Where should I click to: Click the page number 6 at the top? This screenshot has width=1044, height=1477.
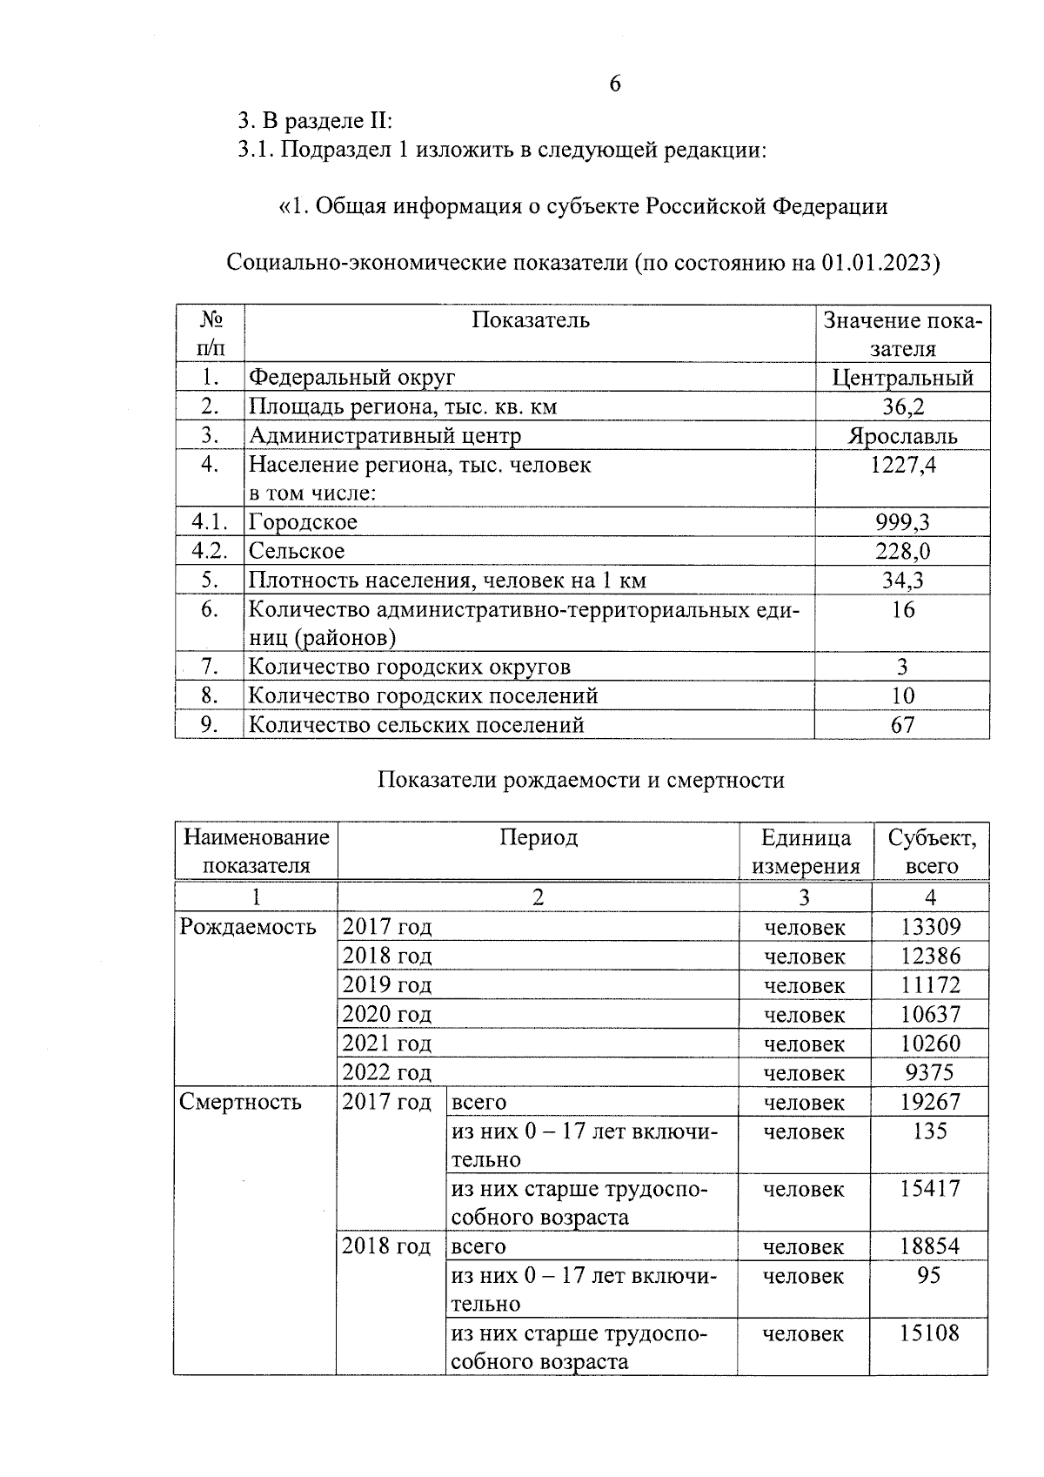tap(615, 84)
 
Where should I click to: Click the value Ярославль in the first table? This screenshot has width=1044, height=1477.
tap(902, 436)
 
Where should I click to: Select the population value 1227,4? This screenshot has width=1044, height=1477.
tap(902, 465)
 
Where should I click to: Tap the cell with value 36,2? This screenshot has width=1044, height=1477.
tap(902, 406)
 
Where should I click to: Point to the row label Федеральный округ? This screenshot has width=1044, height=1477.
tap(351, 378)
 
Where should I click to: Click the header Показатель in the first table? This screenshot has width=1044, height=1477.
tap(530, 320)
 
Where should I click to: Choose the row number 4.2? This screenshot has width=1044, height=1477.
tap(209, 551)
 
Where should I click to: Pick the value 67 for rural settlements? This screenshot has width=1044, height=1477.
tap(902, 724)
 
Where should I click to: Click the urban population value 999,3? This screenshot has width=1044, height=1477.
tap(902, 522)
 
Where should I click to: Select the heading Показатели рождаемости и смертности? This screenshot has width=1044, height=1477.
tap(580, 780)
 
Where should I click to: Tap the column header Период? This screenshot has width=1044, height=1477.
tap(538, 837)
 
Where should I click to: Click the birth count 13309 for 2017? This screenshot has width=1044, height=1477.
tap(930, 927)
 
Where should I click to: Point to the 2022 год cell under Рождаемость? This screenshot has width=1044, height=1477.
tap(386, 1072)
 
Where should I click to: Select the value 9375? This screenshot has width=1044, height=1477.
tap(930, 1072)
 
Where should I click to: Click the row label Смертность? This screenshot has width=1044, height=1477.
tap(240, 1102)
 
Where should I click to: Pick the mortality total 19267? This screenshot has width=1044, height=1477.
tap(930, 1102)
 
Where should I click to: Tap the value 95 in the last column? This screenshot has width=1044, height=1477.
tap(929, 1275)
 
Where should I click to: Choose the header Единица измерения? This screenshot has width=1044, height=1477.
tap(805, 851)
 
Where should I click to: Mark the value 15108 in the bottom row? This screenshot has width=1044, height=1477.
tap(929, 1333)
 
